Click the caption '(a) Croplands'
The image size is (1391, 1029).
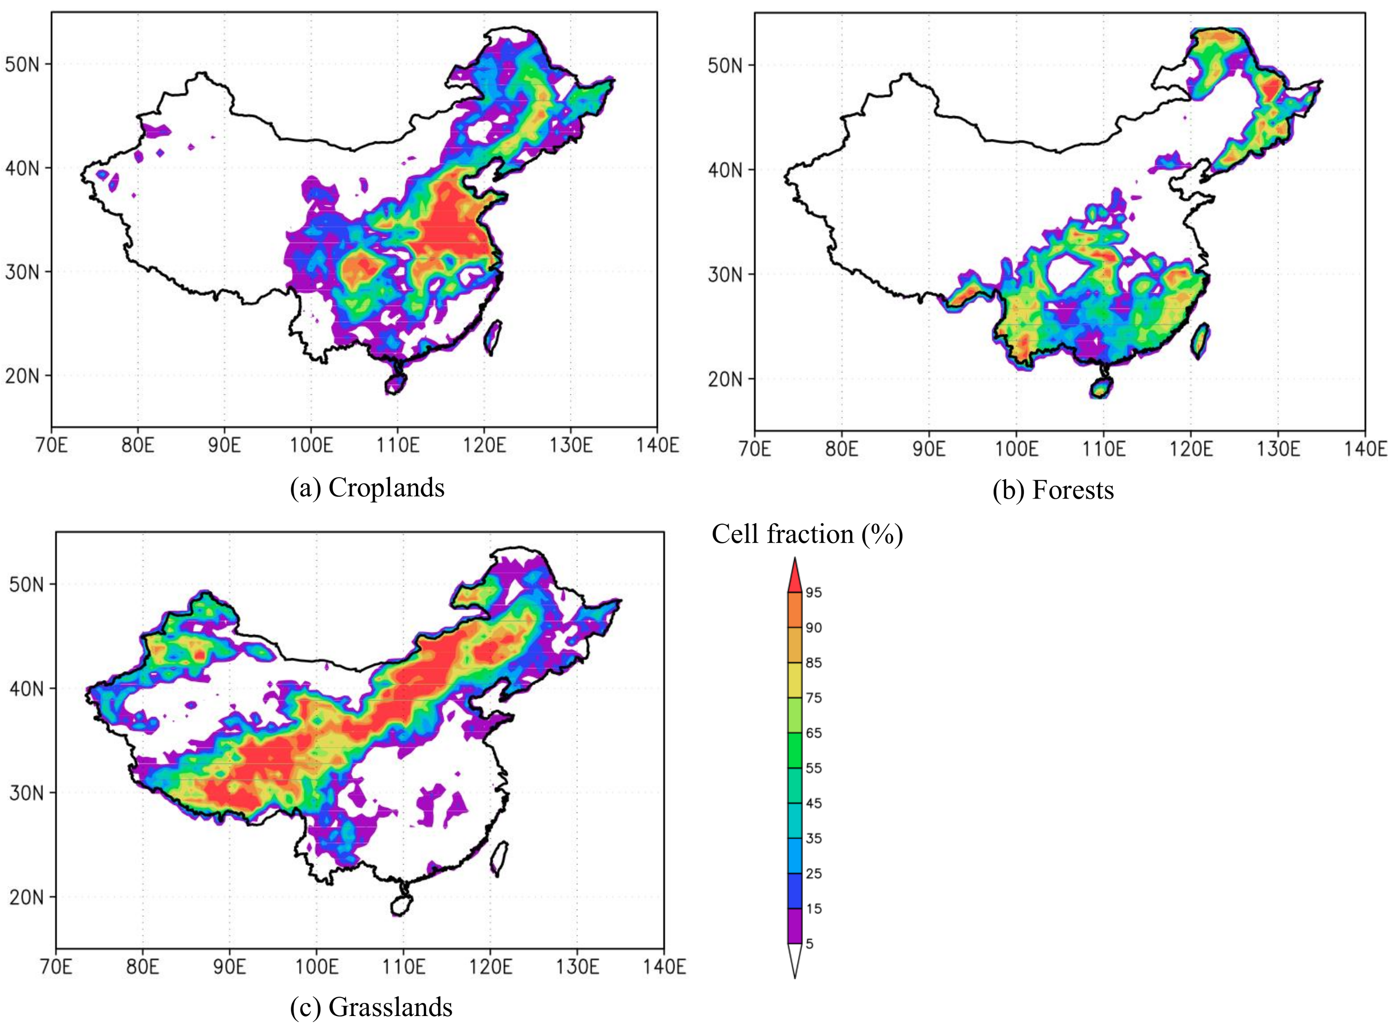coord(367,488)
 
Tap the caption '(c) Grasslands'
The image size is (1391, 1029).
coord(371,1007)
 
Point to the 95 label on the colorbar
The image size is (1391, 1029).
coord(813,593)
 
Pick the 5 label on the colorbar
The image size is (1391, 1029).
coord(810,944)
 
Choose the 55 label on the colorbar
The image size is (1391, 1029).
coord(813,768)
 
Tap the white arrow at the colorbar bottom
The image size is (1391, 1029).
coord(795,960)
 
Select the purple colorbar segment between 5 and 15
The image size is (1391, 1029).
coord(795,926)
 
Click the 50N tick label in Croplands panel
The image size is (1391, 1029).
coord(22,63)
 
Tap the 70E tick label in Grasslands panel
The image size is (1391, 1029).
coord(56,967)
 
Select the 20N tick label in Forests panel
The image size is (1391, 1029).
coord(725,379)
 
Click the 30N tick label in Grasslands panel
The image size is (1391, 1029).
coord(26,793)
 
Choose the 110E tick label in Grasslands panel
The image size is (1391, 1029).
coord(403,967)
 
